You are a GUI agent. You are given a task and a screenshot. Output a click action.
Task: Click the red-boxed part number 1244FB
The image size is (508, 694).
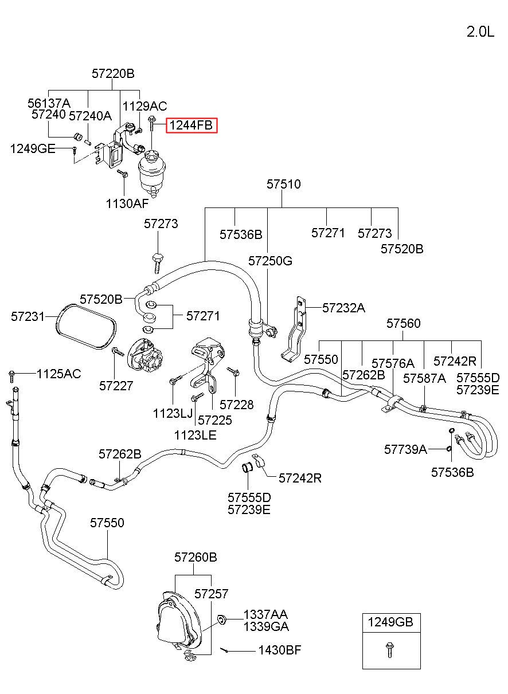191,125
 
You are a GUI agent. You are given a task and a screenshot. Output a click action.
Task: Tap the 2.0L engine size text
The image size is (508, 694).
480,32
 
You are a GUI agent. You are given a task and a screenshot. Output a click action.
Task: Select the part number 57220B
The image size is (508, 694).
113,74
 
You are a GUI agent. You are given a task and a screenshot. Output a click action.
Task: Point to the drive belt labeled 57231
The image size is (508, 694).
87,326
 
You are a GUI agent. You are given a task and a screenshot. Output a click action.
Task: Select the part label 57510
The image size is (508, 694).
284,184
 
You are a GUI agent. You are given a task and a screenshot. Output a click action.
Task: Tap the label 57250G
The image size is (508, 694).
270,261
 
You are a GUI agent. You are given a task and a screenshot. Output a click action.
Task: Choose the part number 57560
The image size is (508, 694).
403,323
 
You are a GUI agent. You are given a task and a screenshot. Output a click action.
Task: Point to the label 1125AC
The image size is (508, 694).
59,374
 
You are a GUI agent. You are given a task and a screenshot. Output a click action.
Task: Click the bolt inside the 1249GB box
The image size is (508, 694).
390,650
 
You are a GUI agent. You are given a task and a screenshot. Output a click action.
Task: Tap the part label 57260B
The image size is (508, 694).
196,557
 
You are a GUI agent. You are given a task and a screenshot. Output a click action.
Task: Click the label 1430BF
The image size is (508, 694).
280,650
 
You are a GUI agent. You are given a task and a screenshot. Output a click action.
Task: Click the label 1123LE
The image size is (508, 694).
196,435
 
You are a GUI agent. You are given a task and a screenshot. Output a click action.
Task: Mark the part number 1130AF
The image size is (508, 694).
127,203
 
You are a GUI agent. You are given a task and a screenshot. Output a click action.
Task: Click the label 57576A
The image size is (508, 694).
393,363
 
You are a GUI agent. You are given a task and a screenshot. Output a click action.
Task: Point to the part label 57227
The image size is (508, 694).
116,386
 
